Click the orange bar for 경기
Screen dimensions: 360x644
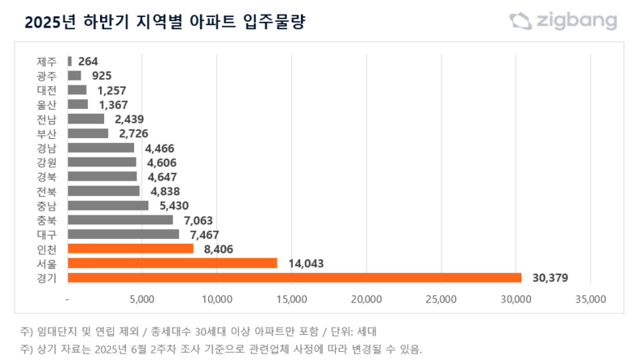point(294,278)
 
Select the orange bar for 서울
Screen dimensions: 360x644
point(172,263)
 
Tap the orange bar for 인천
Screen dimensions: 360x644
point(131,249)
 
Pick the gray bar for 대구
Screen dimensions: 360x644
point(124,234)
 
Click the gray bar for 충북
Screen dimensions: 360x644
point(120,219)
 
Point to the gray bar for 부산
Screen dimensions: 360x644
point(88,133)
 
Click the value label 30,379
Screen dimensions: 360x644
point(549,278)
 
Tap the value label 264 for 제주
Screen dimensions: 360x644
point(88,61)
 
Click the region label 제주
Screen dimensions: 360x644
point(47,61)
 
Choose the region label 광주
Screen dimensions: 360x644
point(47,76)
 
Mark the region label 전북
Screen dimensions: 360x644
point(47,191)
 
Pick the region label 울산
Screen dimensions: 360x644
point(47,104)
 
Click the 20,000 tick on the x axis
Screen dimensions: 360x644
point(366,300)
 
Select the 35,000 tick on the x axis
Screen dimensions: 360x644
point(590,300)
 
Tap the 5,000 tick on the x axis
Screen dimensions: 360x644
point(142,300)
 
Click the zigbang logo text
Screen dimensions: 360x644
point(575,22)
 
